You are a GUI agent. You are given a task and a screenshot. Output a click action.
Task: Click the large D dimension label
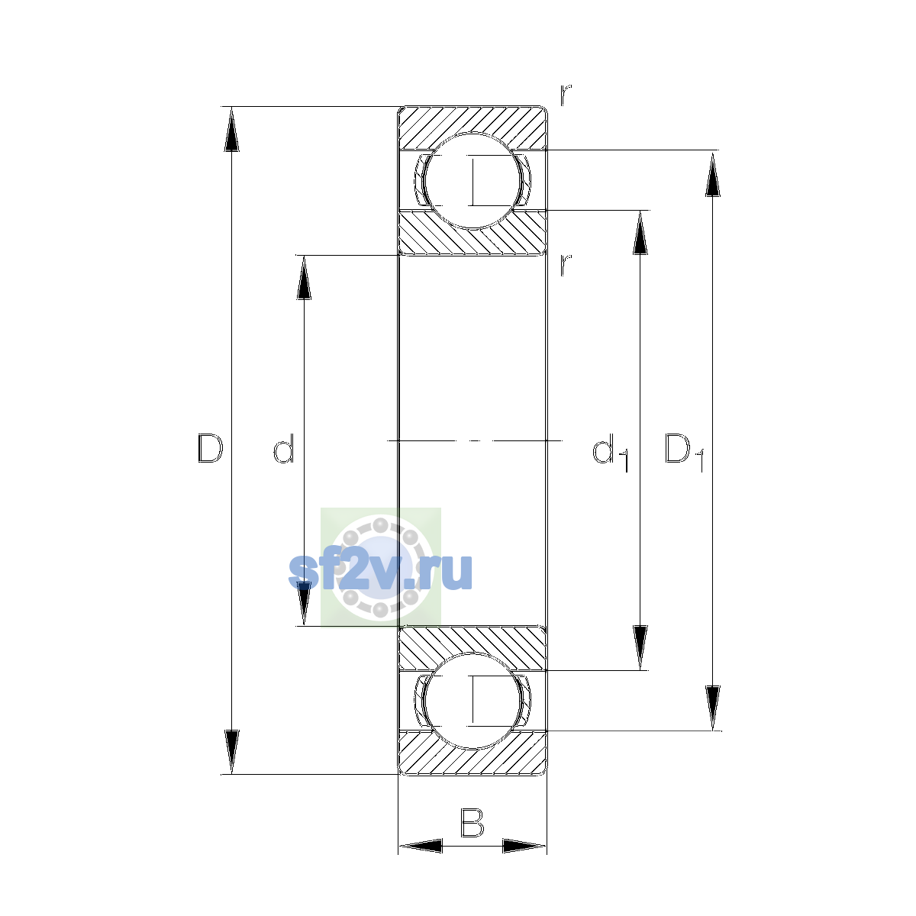[210, 448]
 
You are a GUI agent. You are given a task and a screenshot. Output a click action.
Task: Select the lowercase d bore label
[284, 448]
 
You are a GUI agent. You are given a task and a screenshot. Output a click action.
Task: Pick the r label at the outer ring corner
[566, 95]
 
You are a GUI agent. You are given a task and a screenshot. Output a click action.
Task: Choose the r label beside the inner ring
[566, 265]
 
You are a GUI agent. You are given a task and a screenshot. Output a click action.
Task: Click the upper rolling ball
[473, 181]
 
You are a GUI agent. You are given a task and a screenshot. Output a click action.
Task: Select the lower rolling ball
[473, 702]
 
